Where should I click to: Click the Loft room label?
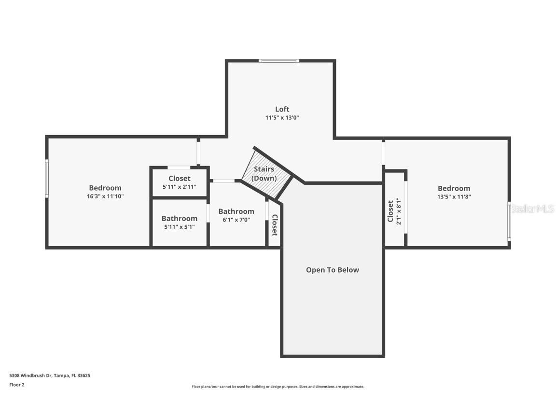282,109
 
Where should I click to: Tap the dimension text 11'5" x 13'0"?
282,117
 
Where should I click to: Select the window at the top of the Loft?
279,61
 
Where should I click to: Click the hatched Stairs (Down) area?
265,174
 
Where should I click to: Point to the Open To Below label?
333,270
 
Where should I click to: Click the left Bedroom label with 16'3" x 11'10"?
105,188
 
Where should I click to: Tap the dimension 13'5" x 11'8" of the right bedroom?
454,196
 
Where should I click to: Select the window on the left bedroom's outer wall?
47,179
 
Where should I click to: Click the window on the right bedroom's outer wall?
509,221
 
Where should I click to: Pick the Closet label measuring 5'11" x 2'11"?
180,179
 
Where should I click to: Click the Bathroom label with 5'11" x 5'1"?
180,218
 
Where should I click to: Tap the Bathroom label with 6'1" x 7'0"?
236,211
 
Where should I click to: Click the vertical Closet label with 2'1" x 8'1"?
390,211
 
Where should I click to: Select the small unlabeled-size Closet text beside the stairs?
275,225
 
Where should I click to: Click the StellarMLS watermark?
532,209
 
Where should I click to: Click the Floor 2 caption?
17,385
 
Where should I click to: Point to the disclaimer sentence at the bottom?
278,387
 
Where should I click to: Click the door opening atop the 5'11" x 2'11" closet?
179,167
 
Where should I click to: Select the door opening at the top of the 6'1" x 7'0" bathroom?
223,181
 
